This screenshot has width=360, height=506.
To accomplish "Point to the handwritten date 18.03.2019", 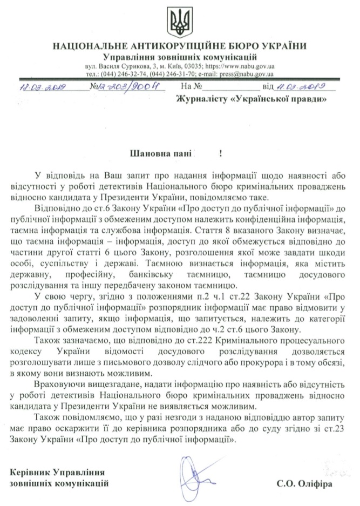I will coord(42,87).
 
